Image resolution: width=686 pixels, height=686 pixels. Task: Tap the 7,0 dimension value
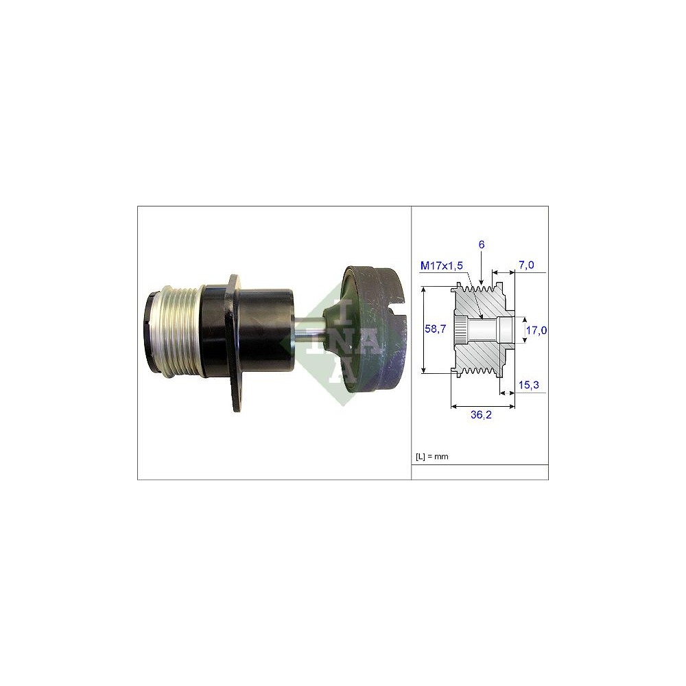point(527,265)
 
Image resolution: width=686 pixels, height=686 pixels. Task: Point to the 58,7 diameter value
point(436,329)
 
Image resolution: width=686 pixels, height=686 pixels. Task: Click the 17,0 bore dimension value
point(536,330)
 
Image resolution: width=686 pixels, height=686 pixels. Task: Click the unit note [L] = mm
point(431,456)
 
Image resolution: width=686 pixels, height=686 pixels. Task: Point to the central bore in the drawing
point(488,330)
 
